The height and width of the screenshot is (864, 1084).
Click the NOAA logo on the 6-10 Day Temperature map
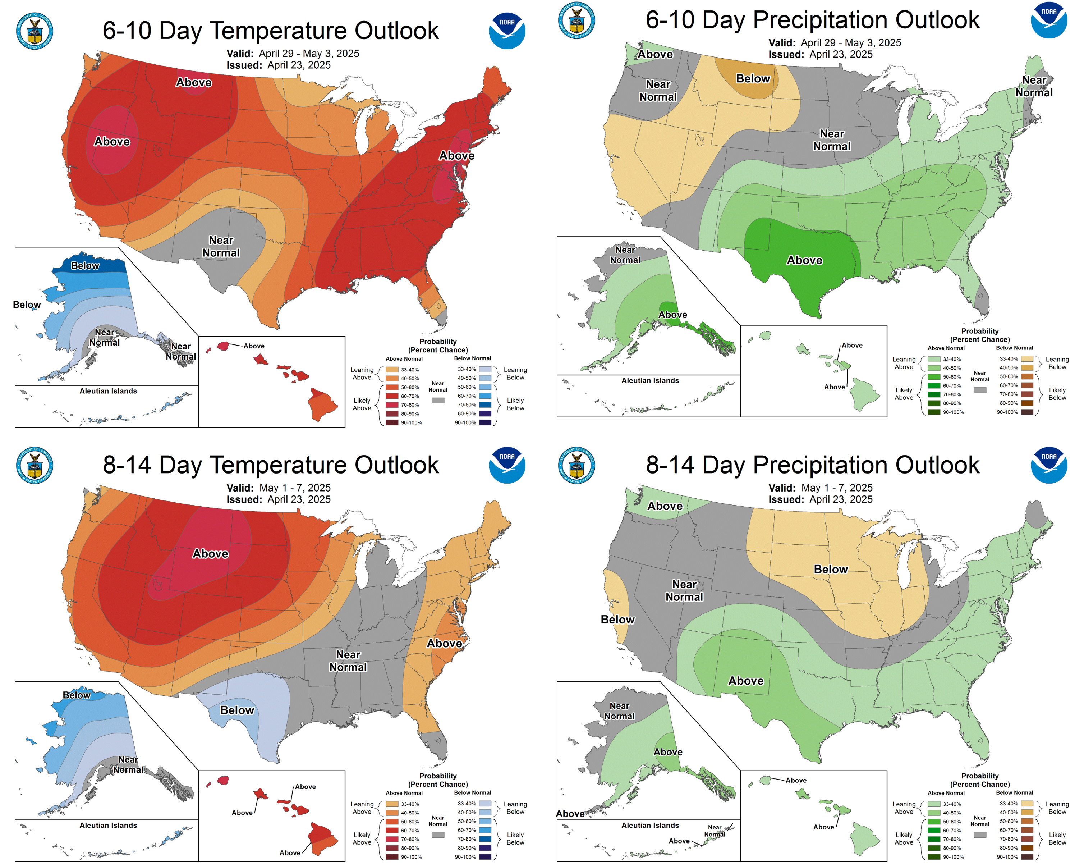click(x=507, y=31)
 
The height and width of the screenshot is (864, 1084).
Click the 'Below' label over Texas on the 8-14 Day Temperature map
click(x=237, y=710)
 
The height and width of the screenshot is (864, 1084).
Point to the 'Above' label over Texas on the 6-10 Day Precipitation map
click(x=804, y=260)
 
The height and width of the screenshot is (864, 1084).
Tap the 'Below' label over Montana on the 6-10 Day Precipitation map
click(x=753, y=78)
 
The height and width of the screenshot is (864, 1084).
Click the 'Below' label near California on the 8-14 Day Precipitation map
click(x=617, y=620)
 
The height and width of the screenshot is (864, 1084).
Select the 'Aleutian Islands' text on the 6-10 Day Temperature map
click(x=108, y=391)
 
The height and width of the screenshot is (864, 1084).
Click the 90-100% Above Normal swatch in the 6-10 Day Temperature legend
click(x=392, y=422)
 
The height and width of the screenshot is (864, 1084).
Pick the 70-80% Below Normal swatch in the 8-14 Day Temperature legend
click(x=485, y=839)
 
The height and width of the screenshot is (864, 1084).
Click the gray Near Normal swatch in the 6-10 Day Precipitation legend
click(x=979, y=390)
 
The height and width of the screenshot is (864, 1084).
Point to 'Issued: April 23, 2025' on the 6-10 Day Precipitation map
click(x=820, y=54)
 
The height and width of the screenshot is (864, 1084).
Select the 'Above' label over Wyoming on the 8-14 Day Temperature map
click(x=210, y=554)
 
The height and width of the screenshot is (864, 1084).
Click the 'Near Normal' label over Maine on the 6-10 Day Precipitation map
click(x=1034, y=87)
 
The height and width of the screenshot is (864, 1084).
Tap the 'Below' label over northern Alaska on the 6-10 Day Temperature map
click(x=85, y=266)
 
